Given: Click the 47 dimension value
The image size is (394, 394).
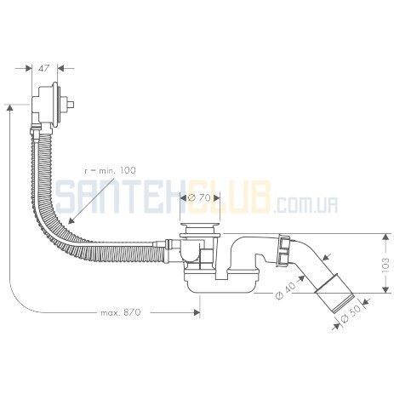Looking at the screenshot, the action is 44,68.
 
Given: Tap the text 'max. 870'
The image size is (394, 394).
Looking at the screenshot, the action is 121,312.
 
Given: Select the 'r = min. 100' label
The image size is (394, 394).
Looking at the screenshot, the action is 111,170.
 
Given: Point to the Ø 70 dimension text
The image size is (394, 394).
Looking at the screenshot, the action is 199,197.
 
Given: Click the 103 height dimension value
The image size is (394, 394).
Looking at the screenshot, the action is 385,265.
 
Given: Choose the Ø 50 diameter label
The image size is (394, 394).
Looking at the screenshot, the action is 351,314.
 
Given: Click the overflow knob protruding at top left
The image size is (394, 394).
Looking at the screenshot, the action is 70,105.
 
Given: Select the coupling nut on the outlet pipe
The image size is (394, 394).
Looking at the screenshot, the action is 283,250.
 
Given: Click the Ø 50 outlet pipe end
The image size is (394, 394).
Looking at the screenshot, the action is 335,293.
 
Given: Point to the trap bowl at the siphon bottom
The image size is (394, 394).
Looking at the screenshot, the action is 221,282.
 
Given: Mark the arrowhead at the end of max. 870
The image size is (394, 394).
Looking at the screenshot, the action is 197,312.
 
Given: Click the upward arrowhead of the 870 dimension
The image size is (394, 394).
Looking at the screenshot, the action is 10,108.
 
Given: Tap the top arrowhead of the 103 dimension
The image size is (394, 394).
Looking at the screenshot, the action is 385,237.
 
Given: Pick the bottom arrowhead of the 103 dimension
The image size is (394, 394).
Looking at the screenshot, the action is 385,288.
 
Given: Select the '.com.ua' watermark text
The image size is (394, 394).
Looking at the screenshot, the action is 306,205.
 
